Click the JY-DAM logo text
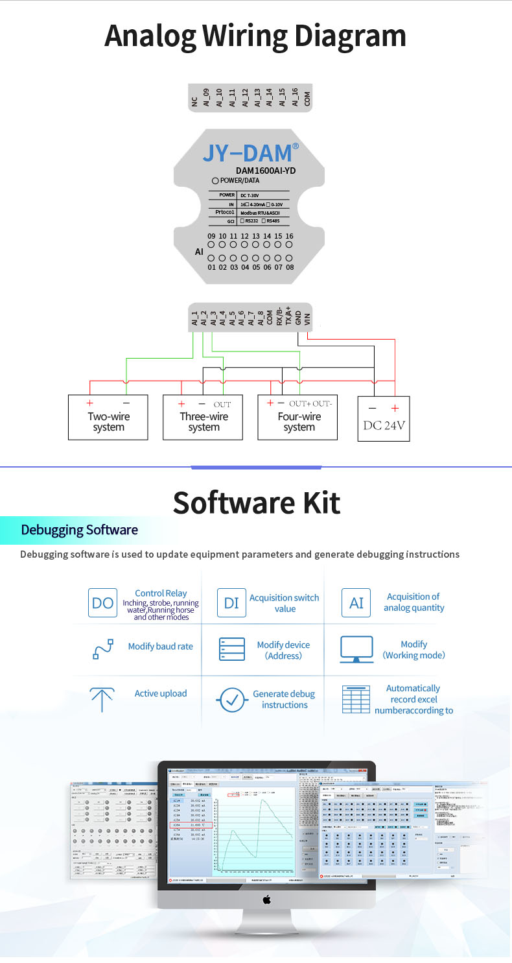(248, 153)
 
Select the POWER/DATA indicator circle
(215, 180)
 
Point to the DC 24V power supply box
(384, 419)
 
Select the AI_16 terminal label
(295, 98)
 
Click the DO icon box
(102, 603)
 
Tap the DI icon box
(231, 603)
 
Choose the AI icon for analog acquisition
(356, 603)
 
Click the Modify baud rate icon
(103, 648)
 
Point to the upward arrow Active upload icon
(102, 699)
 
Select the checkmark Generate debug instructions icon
(231, 700)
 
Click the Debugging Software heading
(79, 530)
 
